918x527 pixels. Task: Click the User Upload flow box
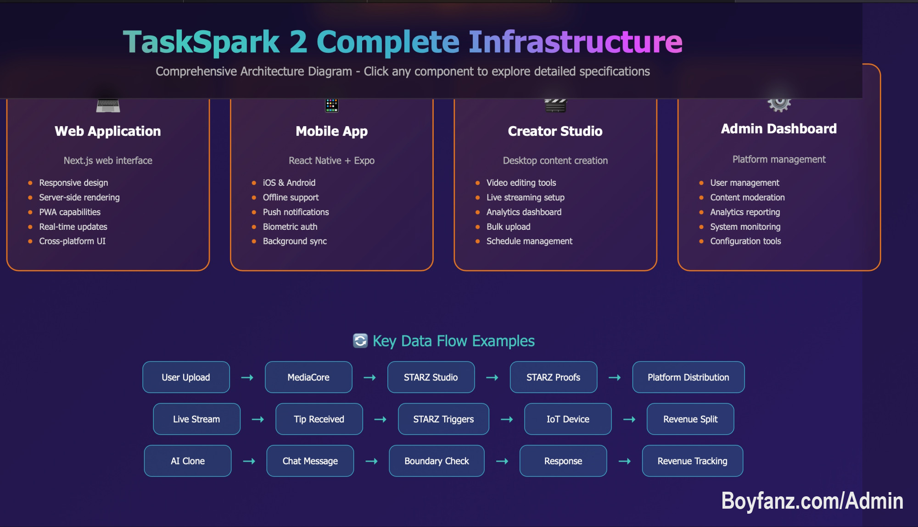point(186,377)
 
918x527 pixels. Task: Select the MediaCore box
point(308,377)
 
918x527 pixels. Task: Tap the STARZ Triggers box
point(443,419)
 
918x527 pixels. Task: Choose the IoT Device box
point(568,419)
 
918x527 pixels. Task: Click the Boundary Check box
point(437,460)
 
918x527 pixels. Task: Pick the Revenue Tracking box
point(692,460)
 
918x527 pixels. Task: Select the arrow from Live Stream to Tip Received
point(258,419)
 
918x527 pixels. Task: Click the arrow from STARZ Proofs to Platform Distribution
point(615,377)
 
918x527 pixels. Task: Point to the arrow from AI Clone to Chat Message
point(249,461)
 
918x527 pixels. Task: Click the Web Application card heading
point(108,131)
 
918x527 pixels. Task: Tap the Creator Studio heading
point(555,131)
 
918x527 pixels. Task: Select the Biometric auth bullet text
point(290,227)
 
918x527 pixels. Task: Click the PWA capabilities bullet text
point(70,212)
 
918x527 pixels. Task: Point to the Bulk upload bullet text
point(508,227)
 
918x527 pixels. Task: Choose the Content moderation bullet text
point(747,197)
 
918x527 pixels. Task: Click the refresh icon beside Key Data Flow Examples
point(360,341)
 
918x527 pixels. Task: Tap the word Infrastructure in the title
point(575,42)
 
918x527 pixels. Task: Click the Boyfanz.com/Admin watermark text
point(812,500)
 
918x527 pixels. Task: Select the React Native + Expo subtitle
point(331,161)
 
